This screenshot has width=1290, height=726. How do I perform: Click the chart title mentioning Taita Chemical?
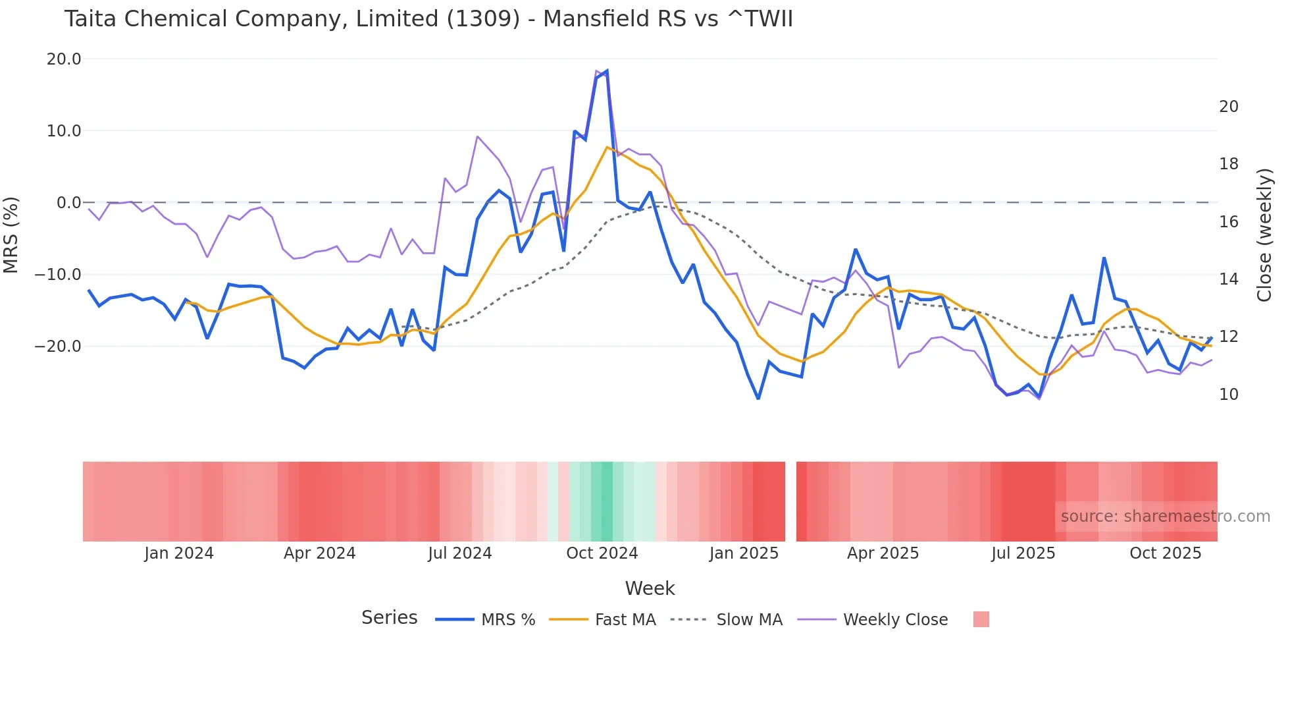[x=428, y=19]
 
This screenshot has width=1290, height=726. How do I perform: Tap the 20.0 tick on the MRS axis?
[x=64, y=59]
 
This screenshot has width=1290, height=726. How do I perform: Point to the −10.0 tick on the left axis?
[x=59, y=275]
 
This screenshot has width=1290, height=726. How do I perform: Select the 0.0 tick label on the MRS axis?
[x=68, y=203]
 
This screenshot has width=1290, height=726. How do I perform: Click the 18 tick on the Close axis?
[x=1228, y=164]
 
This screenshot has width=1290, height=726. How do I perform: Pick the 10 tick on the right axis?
[x=1228, y=395]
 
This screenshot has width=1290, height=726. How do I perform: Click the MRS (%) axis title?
[x=11, y=235]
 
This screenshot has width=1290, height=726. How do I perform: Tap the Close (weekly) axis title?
[x=1264, y=235]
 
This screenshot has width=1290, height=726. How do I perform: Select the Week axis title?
[x=650, y=588]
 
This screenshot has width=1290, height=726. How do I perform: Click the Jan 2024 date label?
[x=179, y=553]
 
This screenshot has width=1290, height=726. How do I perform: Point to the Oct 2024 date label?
[x=602, y=553]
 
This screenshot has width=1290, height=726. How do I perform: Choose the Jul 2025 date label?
[x=1023, y=553]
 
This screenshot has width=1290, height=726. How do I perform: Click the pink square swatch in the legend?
[x=981, y=619]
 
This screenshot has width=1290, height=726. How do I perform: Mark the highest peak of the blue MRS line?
[x=606, y=70]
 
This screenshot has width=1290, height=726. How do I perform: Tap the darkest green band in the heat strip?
[x=606, y=501]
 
